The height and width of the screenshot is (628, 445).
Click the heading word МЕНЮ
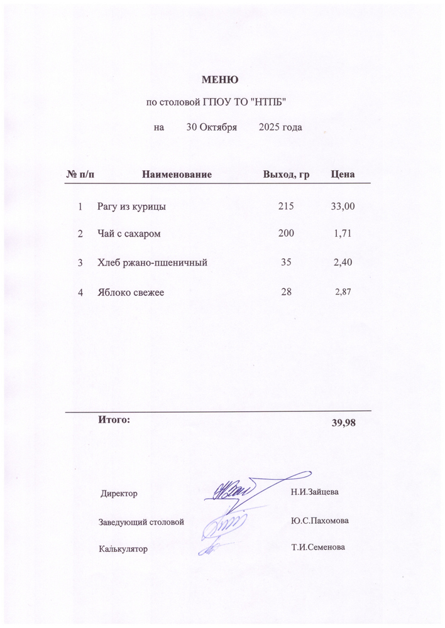pos(219,80)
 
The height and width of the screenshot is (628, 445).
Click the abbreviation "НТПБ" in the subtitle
pos(272,102)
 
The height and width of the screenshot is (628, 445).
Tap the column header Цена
pos(343,174)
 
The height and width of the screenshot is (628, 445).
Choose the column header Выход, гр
pos(286,174)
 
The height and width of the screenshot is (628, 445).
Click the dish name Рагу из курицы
pos(131,206)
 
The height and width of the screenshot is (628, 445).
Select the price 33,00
pos(343,206)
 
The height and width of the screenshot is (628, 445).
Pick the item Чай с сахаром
pos(129,234)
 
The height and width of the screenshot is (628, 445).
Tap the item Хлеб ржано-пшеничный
pos(153,263)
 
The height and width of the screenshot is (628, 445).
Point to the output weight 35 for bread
pos(286,263)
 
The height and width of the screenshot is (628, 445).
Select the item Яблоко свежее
pos(131,292)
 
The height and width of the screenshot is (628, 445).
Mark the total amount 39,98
pos(344,423)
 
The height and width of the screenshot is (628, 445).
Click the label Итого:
pos(114,419)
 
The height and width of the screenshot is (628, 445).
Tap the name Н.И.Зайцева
pos(314,491)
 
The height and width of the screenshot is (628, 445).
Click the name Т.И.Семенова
pos(318,547)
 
